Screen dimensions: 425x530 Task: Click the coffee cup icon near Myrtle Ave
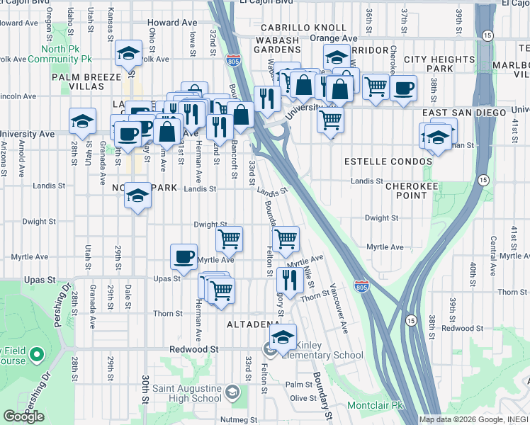[x=184, y=256]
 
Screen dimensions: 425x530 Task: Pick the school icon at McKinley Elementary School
[x=283, y=337]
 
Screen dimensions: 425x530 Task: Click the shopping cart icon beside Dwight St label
[x=229, y=239]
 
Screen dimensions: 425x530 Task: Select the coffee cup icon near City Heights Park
[x=403, y=88]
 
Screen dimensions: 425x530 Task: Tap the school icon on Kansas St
[x=129, y=54]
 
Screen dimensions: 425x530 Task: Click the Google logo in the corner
[x=23, y=416]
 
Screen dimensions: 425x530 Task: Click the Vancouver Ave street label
[x=338, y=310]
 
